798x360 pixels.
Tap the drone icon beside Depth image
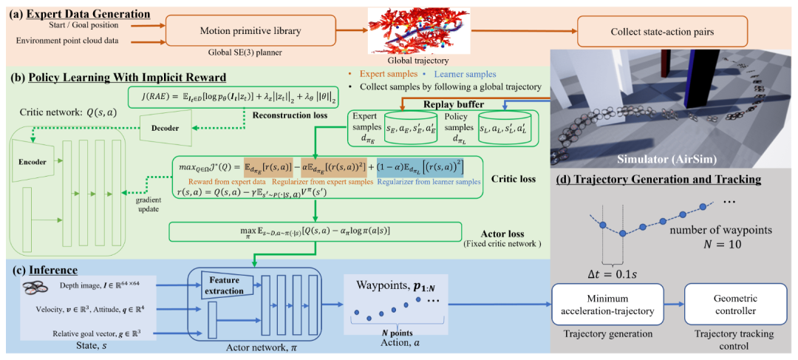point(37,285)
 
